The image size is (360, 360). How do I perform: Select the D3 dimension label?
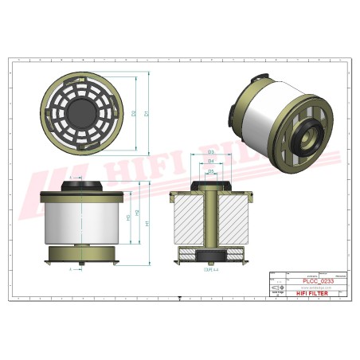click(x=211, y=151)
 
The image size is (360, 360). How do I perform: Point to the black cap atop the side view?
click(x=84, y=185)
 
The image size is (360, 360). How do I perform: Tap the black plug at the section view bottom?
click(x=211, y=256)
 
